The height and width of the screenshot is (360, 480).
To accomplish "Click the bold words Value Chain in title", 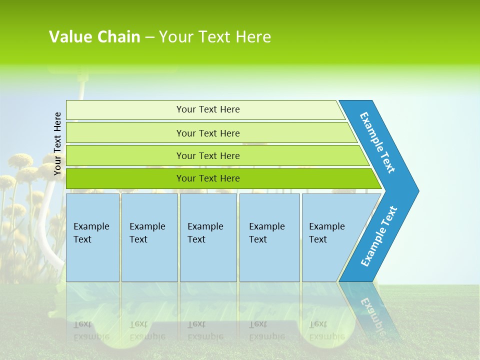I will (94, 37).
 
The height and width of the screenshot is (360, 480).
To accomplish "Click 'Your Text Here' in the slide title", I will (215, 37).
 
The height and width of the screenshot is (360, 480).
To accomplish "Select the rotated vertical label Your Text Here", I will (57, 143).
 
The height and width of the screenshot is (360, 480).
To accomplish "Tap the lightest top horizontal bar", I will (207, 109).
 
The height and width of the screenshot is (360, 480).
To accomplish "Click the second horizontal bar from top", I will (207, 133).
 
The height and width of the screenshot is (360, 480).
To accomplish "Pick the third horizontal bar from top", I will (207, 155).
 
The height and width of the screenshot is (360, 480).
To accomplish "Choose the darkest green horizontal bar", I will (207, 178).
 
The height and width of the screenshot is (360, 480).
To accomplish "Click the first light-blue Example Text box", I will (92, 237).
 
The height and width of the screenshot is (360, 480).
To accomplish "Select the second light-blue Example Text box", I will (149, 237).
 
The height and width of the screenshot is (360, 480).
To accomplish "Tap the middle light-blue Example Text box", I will (208, 237).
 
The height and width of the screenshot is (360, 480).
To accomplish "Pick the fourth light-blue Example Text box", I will (269, 237).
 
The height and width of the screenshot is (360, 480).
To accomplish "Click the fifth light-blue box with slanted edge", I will (330, 237).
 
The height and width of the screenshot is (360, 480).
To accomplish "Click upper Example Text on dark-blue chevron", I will (378, 142).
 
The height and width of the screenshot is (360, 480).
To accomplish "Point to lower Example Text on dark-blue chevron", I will (379, 236).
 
